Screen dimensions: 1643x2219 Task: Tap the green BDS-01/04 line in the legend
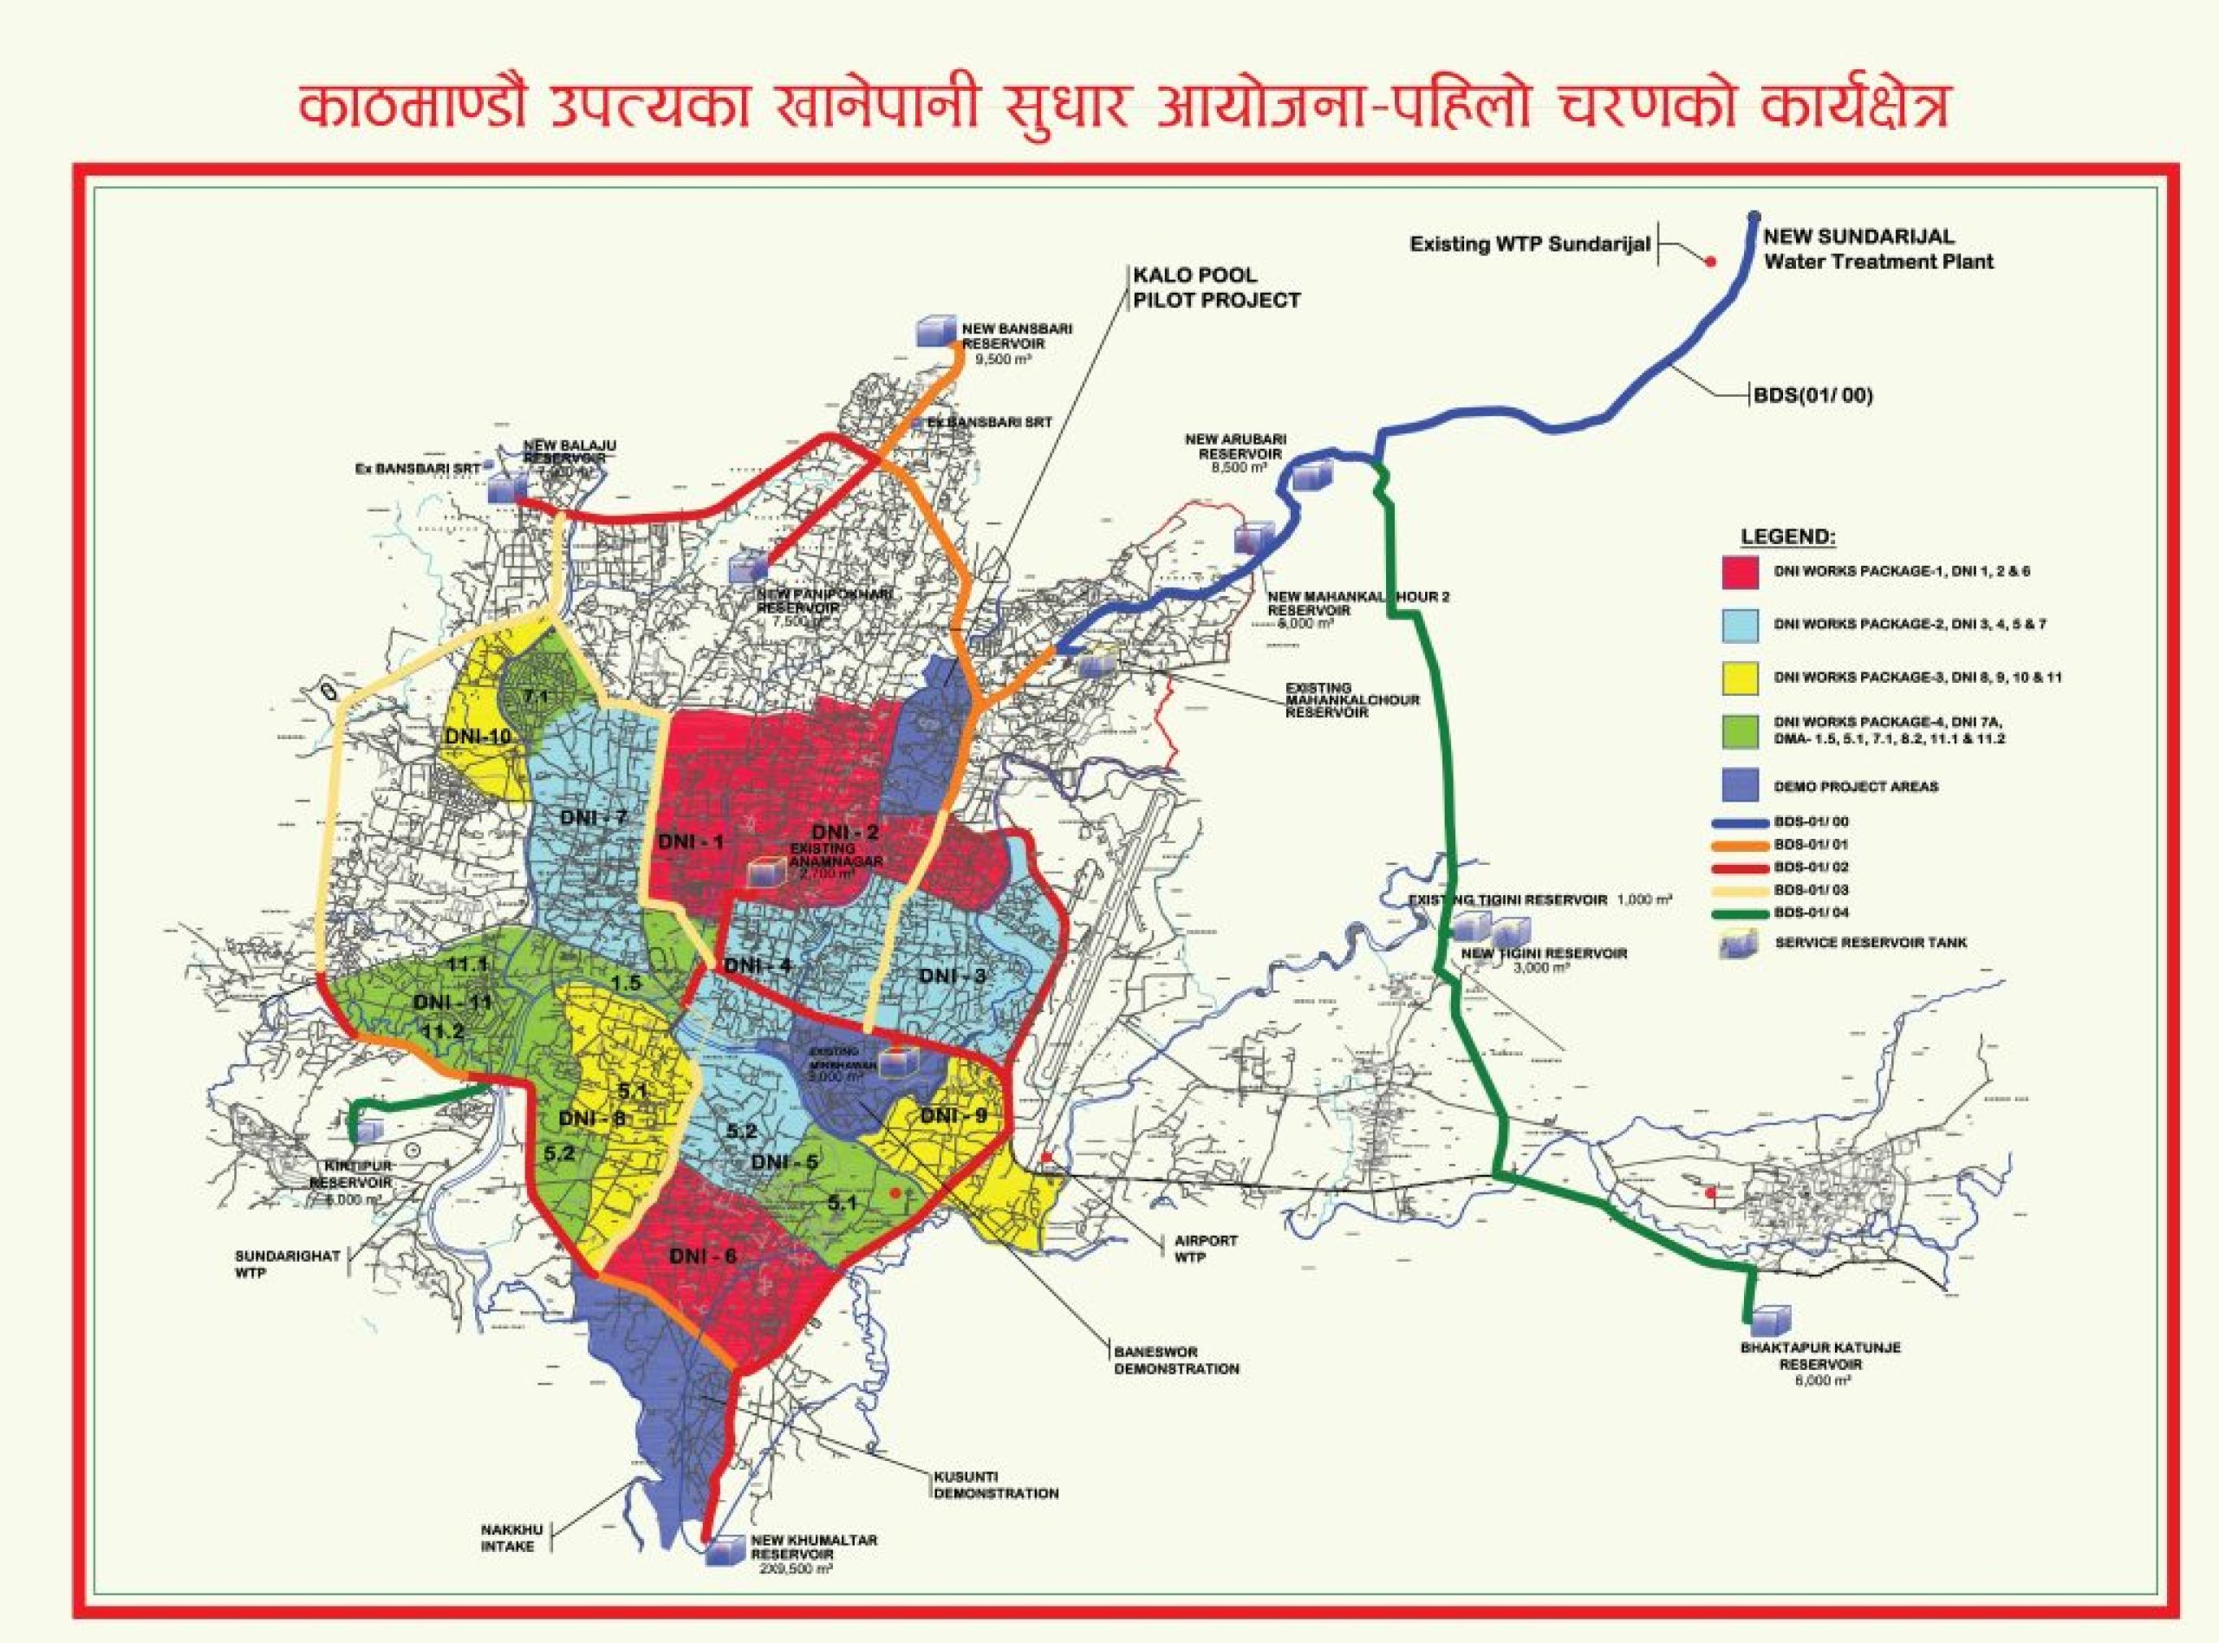click(x=1740, y=912)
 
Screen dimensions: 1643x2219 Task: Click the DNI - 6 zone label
click(x=702, y=1257)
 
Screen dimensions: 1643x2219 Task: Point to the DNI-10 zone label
click(x=475, y=736)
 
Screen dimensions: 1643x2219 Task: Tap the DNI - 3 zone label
click(x=952, y=976)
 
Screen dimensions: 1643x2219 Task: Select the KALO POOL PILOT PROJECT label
click(x=1215, y=288)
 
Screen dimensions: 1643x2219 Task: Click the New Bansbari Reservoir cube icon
click(x=933, y=332)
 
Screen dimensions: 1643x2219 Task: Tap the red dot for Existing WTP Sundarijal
click(x=1709, y=262)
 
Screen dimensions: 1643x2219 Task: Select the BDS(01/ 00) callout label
click(x=1810, y=395)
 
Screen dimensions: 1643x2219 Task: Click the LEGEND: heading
click(x=1786, y=537)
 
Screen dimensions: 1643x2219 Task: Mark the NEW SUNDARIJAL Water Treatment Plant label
click(x=1877, y=250)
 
